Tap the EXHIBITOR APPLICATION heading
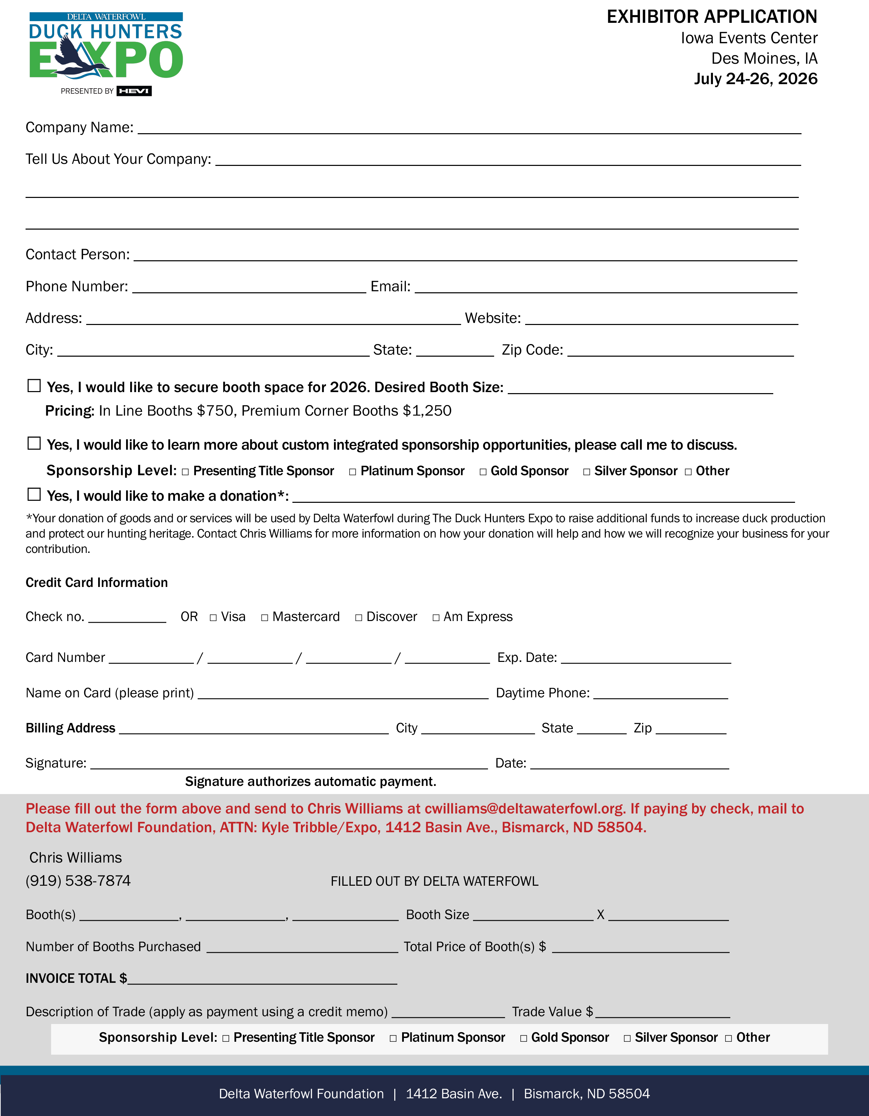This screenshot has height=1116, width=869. [712, 17]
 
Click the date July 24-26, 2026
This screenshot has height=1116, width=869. [756, 79]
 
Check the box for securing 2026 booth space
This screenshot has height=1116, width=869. [34, 386]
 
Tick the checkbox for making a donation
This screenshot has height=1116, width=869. [34, 494]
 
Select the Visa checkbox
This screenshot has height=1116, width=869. [213, 618]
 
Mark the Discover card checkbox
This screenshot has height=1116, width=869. [359, 618]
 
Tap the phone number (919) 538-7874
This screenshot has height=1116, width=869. [78, 880]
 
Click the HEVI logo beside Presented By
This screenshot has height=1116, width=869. [134, 91]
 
